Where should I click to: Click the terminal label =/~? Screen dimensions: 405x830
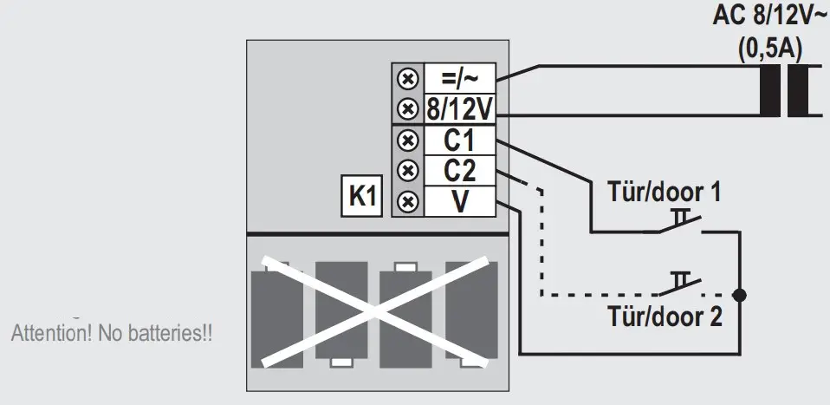459,79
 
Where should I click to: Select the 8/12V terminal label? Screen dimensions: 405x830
459,109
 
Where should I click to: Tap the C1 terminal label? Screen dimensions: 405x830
459,140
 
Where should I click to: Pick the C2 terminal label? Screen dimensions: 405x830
459,170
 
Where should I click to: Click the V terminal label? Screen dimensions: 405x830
459,201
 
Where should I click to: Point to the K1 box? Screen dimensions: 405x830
362,198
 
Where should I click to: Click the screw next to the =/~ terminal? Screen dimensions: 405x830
406,79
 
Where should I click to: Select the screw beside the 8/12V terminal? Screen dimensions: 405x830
406,109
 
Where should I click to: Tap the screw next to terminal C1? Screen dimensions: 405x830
406,140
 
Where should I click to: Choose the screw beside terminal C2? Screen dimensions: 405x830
406,170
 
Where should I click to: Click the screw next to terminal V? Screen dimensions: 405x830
406,201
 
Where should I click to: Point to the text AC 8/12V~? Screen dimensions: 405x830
770,16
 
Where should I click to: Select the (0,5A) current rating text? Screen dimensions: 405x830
770,48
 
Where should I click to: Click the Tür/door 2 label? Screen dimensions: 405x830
665,317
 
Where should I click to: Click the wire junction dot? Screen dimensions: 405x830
739,294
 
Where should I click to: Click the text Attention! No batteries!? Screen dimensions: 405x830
112,333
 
